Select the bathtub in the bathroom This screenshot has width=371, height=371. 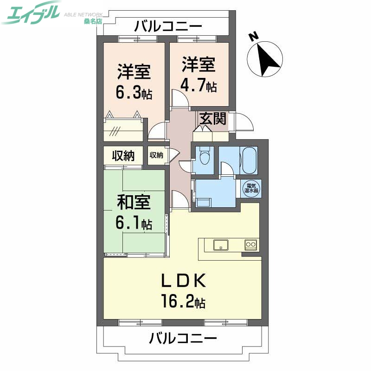[x=249, y=160]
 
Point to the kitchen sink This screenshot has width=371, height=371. [x=221, y=245]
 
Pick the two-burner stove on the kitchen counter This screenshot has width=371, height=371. [x=251, y=244]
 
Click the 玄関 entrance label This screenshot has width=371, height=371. [x=214, y=119]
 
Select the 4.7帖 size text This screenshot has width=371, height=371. [x=199, y=86]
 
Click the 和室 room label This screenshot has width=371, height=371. [x=133, y=202]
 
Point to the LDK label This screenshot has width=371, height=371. [x=182, y=281]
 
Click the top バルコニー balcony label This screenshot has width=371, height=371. [x=168, y=26]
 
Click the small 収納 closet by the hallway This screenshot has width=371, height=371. [x=156, y=155]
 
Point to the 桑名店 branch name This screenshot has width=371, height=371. [x=93, y=21]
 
